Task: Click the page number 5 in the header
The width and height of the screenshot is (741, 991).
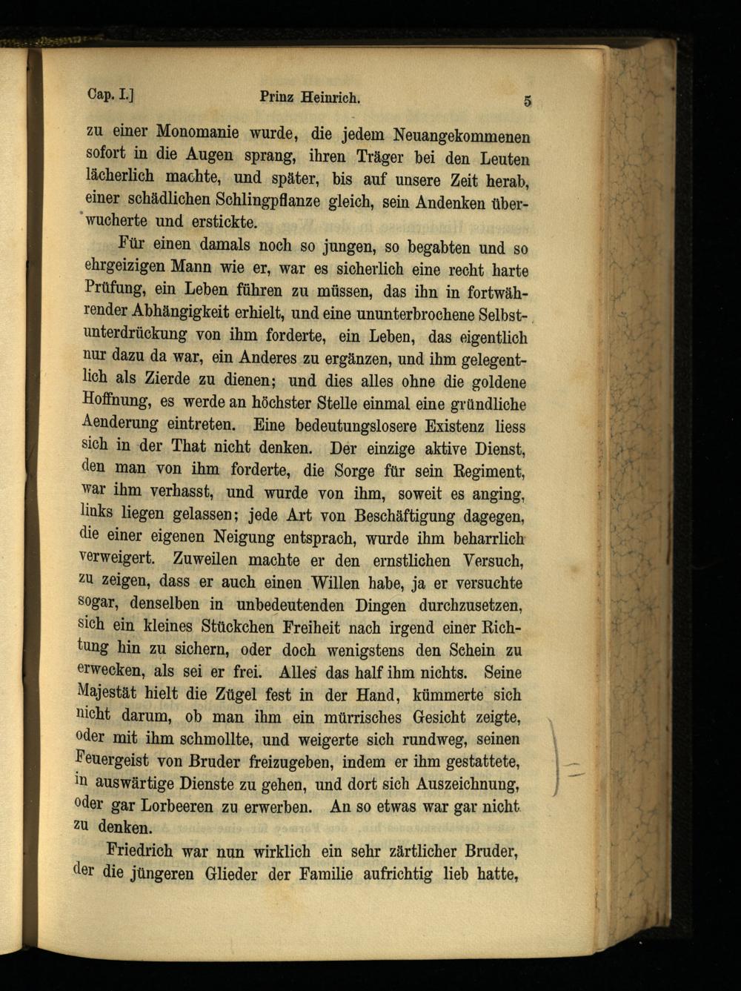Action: tap(527, 102)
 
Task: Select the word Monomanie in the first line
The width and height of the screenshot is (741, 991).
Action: tap(197, 133)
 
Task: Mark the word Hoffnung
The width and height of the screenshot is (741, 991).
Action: tap(116, 400)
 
